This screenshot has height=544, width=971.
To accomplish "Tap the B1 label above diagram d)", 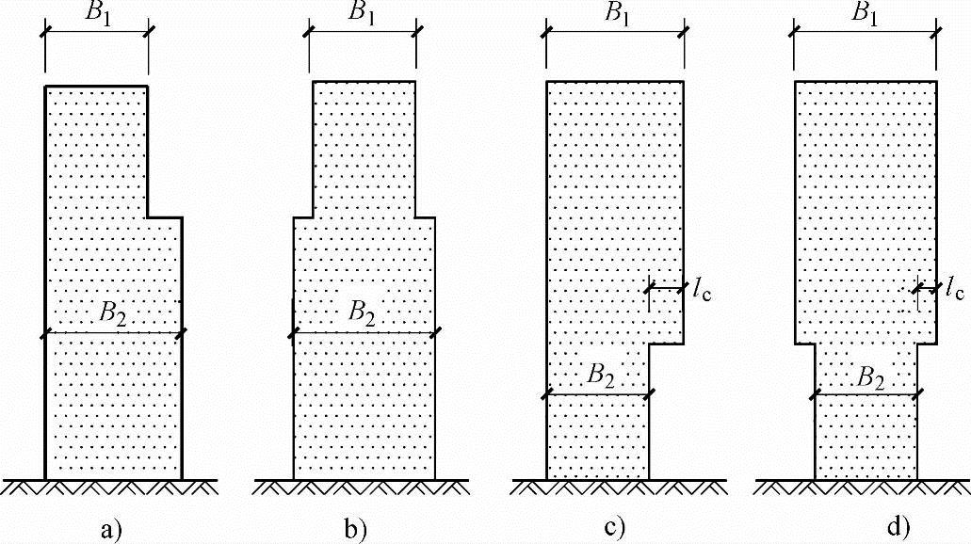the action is click(865, 13).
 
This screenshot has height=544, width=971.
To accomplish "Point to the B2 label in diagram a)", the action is click(114, 313).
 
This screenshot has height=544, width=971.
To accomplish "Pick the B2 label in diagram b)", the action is click(364, 313).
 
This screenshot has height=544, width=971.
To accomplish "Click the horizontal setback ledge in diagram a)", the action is click(165, 217).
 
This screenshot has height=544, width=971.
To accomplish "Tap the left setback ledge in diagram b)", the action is click(303, 217).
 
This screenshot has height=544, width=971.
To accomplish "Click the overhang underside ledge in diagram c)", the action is click(666, 344).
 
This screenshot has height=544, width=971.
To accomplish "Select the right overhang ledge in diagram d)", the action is click(928, 344).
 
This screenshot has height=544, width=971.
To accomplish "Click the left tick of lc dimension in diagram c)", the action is click(648, 289).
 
